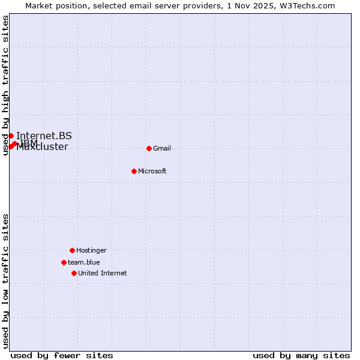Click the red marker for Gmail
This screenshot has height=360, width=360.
click(x=149, y=148)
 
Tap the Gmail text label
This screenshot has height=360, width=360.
click(x=162, y=148)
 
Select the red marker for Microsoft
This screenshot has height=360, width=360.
click(x=134, y=171)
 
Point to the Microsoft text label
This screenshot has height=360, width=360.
click(x=152, y=171)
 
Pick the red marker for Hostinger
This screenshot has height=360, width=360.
click(x=72, y=250)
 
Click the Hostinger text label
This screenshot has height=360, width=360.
click(x=91, y=250)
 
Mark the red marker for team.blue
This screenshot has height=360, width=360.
click(x=64, y=262)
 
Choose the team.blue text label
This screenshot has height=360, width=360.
click(x=83, y=262)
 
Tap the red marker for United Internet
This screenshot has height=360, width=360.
click(x=74, y=273)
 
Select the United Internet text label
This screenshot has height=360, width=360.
click(x=102, y=273)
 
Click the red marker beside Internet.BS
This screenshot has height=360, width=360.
click(x=11, y=136)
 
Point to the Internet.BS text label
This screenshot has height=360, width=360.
click(x=44, y=136)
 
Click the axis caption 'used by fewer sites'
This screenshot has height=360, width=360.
click(x=62, y=355)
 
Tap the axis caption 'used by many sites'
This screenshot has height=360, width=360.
click(x=301, y=355)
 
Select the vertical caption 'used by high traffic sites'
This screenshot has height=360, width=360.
click(x=5, y=85)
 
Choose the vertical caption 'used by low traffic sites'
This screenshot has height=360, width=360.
click(x=5, y=281)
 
